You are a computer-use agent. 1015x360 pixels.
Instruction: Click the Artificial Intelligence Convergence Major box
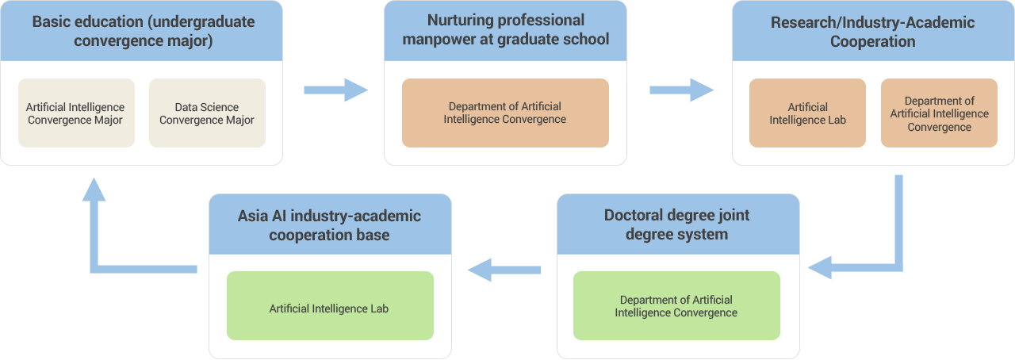[x=77, y=113]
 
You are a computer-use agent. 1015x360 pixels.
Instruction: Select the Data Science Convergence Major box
[x=207, y=113]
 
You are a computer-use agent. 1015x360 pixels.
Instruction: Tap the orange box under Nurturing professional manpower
[x=505, y=113]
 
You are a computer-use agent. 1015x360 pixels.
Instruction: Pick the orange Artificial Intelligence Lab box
[x=807, y=113]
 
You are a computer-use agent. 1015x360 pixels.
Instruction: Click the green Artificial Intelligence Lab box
[x=330, y=305]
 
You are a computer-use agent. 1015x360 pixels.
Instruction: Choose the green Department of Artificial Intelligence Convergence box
[x=676, y=305]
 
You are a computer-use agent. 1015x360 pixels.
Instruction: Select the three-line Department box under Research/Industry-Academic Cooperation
[x=939, y=113]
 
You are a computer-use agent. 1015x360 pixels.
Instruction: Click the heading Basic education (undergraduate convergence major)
[x=144, y=31]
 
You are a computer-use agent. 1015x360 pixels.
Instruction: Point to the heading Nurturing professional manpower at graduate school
[x=506, y=29]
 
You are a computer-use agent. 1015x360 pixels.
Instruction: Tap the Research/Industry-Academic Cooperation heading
[x=873, y=31]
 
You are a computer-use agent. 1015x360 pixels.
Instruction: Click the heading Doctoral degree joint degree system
[x=677, y=224]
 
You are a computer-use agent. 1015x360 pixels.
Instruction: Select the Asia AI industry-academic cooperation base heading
[x=329, y=225]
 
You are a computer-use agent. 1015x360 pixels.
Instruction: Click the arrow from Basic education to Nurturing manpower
[x=335, y=90]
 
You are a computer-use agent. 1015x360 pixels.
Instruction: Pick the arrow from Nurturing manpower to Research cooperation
[x=681, y=90]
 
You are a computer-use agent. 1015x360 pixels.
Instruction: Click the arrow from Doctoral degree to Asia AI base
[x=504, y=270]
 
